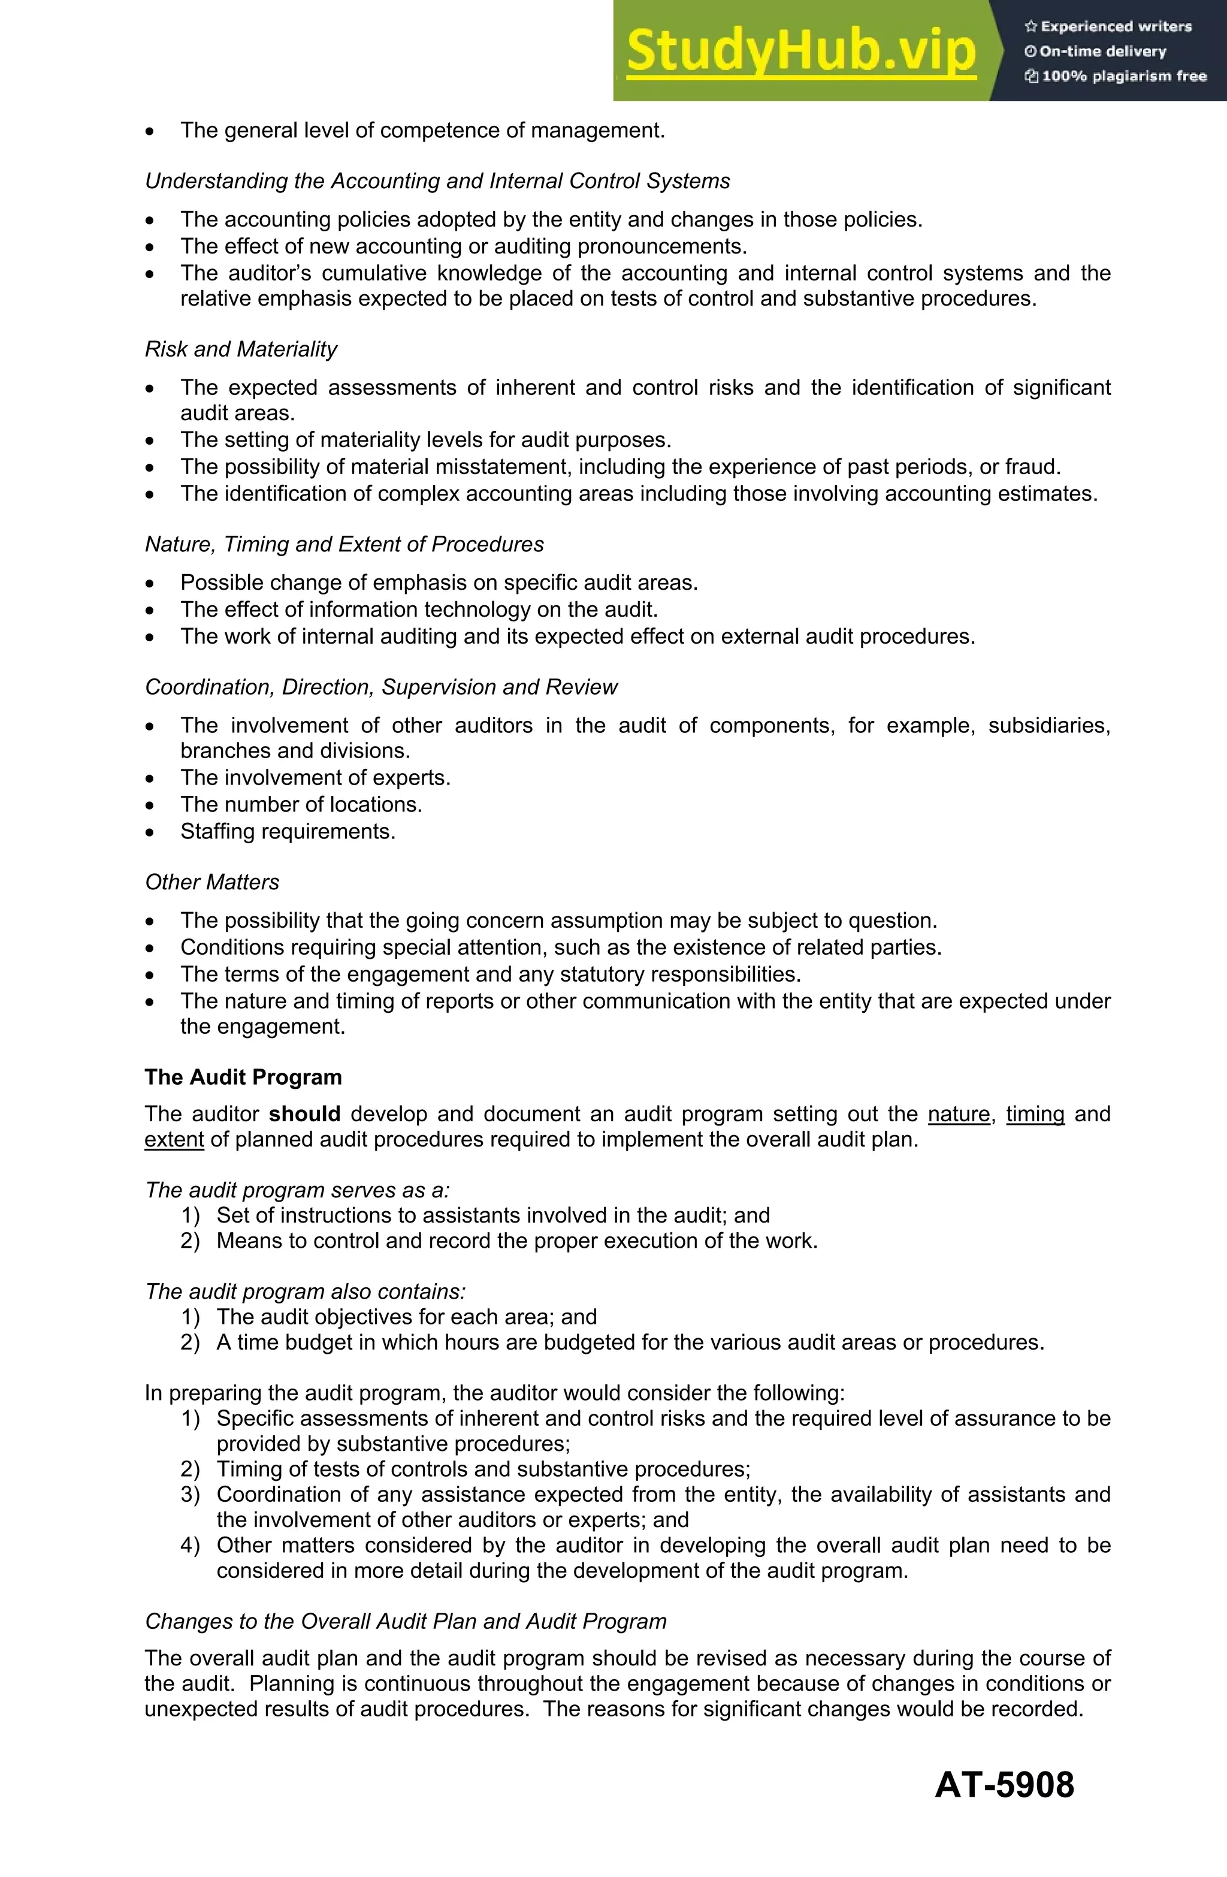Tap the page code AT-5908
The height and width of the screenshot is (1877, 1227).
1004,1784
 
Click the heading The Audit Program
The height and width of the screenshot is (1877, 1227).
243,1078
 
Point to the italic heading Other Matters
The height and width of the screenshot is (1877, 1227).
212,882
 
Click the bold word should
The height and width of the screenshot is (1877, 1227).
304,1113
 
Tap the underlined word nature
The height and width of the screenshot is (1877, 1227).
958,1113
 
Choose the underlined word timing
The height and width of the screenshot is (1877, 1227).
1035,1113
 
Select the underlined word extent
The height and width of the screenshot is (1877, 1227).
174,1140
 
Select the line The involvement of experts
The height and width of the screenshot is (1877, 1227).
315,778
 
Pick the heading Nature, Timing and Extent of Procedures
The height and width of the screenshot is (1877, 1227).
344,544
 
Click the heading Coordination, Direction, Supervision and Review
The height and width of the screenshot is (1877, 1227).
381,687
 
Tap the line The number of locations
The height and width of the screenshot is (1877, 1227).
301,804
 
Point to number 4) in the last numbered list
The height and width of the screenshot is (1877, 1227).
190,1545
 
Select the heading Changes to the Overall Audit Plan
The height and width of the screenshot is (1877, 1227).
406,1622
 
